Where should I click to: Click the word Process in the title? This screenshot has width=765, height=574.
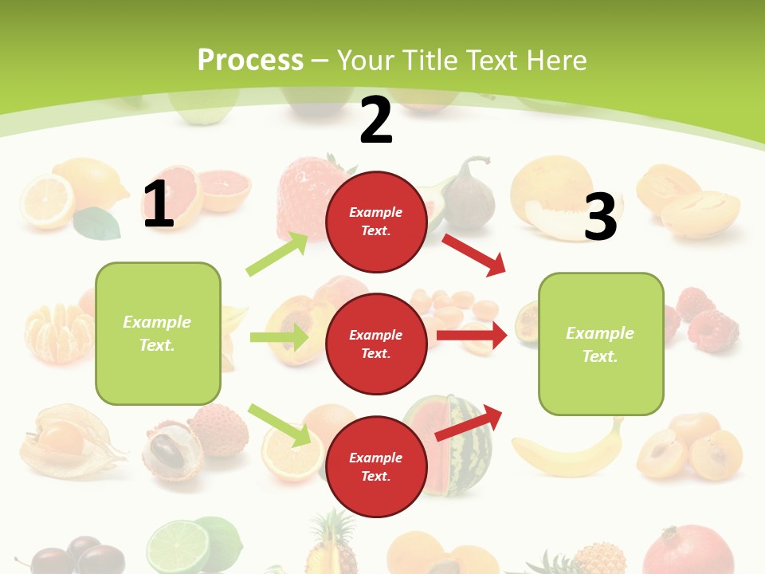coord(250,60)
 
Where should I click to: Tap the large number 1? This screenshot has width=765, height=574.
coord(159,204)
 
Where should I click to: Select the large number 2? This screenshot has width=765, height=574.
coord(376,120)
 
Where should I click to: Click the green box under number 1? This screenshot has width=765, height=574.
coord(158,333)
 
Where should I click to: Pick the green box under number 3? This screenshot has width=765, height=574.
coord(601,344)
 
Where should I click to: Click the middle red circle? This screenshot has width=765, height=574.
coord(375,344)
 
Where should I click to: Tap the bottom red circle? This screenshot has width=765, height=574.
coord(375,467)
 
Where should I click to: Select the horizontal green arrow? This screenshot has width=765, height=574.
coord(280,337)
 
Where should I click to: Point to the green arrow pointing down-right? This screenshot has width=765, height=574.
coord(280,425)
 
